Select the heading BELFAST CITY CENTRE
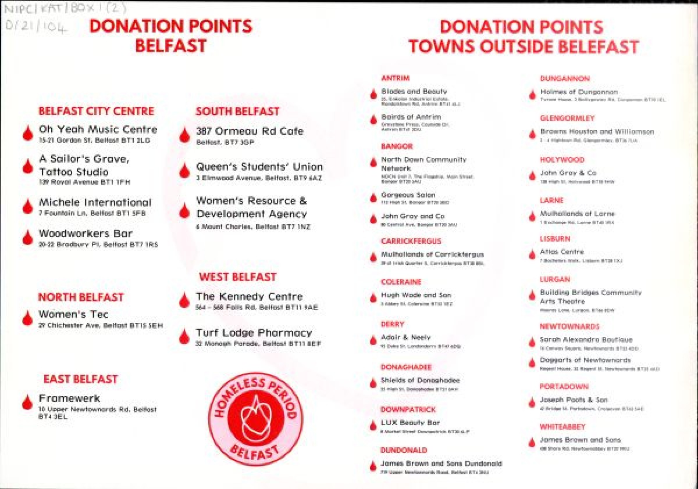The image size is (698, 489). (x=96, y=111)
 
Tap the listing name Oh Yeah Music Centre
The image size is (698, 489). (x=98, y=129)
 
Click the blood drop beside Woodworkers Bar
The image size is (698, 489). (x=27, y=237)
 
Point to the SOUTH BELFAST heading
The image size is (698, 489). (x=237, y=111)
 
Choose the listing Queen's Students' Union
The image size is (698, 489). (x=259, y=167)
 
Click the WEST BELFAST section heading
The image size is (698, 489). (x=237, y=277)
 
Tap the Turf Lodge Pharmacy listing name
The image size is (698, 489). (x=254, y=333)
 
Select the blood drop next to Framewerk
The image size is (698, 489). (x=27, y=401)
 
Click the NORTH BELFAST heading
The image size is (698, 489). (x=81, y=297)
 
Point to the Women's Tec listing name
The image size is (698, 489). (x=73, y=315)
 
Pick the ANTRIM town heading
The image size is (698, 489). (x=396, y=78)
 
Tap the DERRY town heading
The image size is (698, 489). (x=392, y=324)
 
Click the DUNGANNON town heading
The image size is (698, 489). (x=564, y=78)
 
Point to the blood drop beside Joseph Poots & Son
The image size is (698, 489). (x=532, y=402)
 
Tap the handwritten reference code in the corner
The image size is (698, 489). (x=38, y=18)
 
